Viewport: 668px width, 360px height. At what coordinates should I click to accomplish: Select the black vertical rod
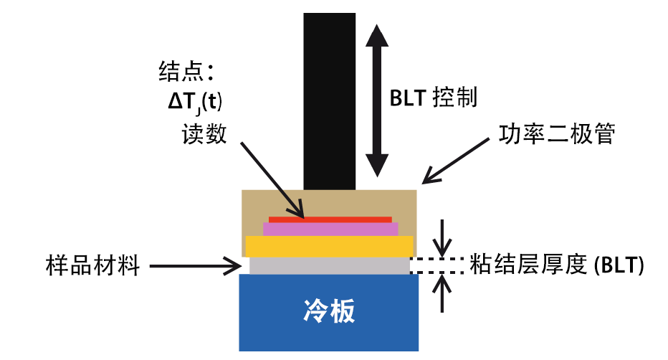pyautogui.click(x=329, y=100)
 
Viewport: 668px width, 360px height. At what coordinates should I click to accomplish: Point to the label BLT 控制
pyautogui.click(x=433, y=98)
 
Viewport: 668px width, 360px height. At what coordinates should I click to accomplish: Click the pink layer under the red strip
pyautogui.click(x=330, y=229)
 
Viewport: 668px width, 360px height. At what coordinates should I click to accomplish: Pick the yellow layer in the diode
pyautogui.click(x=329, y=245)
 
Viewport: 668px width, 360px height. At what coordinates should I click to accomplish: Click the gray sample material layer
pyautogui.click(x=329, y=265)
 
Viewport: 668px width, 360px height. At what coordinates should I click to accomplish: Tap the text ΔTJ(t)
pyautogui.click(x=195, y=103)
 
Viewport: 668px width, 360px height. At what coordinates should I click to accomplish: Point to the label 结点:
pyautogui.click(x=186, y=71)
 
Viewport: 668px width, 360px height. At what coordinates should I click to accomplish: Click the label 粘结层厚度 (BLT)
pyautogui.click(x=556, y=265)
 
